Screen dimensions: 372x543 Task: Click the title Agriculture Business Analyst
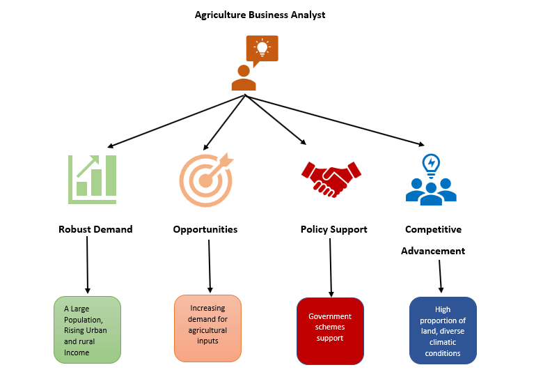tap(260, 14)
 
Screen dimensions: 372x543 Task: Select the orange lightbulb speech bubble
tap(262, 49)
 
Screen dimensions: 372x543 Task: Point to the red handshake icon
tap(331, 179)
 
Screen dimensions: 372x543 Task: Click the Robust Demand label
tap(95, 229)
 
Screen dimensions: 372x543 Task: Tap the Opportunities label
tap(205, 229)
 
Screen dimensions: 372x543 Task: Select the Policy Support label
tap(333, 229)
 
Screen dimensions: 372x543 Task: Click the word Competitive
tap(433, 229)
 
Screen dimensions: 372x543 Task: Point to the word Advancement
tap(433, 251)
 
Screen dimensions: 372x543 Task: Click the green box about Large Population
tap(87, 330)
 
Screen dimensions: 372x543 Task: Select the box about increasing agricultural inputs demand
tap(207, 327)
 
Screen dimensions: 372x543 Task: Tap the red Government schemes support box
tap(330, 330)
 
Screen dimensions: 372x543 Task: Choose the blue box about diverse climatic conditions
tap(443, 330)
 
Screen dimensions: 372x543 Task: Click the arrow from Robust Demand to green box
tap(87, 265)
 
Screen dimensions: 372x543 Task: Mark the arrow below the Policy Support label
tap(330, 268)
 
